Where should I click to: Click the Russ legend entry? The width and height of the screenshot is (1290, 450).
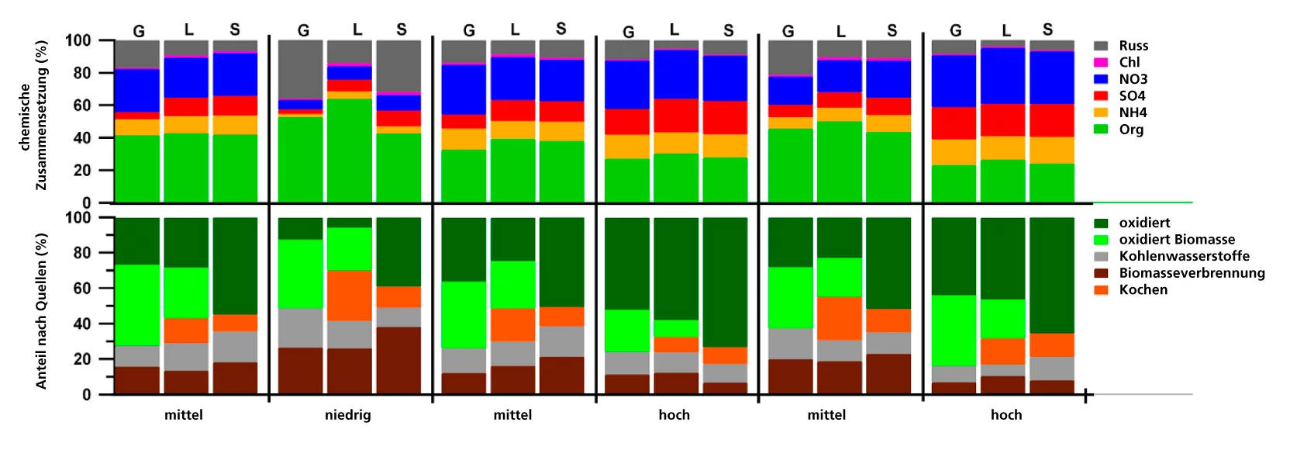(1133, 46)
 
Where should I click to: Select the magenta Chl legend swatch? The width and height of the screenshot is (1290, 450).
(1101, 62)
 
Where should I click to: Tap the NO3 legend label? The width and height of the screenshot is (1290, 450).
(1133, 79)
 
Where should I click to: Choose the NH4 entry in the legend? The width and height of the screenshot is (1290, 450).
(1133, 112)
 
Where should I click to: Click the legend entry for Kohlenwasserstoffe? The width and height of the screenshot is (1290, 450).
(1184, 256)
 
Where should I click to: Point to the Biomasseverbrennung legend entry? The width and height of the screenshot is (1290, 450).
(1192, 273)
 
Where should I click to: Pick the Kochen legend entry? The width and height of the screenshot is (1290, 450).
(1143, 290)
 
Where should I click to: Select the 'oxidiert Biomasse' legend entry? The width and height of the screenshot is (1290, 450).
(1177, 240)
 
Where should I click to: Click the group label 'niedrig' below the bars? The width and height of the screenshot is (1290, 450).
(348, 415)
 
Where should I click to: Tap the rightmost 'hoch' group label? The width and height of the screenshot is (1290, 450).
(1006, 415)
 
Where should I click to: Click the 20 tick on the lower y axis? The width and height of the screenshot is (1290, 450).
(82, 359)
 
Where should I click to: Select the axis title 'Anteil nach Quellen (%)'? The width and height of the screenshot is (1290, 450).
(42, 310)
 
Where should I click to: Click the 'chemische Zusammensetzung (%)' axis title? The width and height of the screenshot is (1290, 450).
(33, 116)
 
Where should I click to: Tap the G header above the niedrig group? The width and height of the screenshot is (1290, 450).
(303, 30)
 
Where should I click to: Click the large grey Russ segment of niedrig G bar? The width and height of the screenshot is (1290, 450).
(301, 70)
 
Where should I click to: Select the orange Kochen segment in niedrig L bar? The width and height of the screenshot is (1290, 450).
(350, 295)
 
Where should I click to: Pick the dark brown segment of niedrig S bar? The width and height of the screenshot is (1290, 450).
(398, 361)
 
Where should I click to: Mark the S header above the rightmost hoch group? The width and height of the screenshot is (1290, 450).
(1047, 29)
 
